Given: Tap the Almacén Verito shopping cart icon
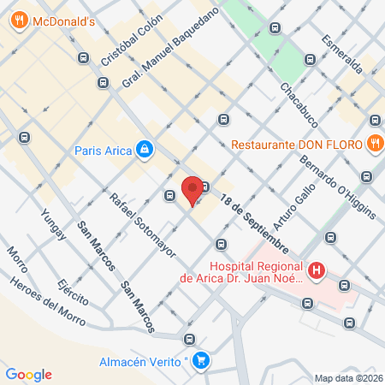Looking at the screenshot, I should [200, 360].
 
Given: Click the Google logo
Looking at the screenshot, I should [28, 374].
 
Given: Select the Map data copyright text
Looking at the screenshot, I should [348, 378].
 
